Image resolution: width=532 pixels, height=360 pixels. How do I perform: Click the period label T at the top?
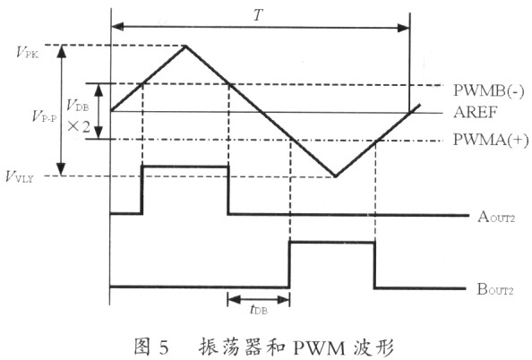[258, 14]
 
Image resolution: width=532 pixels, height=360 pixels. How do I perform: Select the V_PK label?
[28, 53]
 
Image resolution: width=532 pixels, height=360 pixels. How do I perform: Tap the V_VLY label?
[20, 176]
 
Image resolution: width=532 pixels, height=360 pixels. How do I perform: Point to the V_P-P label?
[44, 116]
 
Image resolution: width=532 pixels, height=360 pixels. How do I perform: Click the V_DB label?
[77, 105]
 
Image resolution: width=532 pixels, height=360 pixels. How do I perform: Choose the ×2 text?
[79, 127]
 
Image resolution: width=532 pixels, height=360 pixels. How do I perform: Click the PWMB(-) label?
[489, 91]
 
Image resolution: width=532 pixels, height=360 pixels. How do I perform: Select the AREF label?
[476, 112]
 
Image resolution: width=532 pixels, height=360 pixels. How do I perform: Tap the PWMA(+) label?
[491, 140]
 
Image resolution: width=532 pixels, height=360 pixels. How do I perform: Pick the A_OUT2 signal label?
[496, 217]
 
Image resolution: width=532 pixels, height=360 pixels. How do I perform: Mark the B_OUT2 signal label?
[495, 289]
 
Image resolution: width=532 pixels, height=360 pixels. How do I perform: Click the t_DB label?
[259, 309]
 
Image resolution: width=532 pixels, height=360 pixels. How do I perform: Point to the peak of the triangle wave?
[185, 46]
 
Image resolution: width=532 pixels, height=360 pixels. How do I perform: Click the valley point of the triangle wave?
[336, 176]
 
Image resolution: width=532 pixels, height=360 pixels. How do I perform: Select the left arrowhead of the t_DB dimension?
[234, 299]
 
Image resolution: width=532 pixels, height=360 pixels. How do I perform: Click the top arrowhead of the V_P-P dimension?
[62, 51]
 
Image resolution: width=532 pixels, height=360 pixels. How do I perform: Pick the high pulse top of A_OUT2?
[185, 167]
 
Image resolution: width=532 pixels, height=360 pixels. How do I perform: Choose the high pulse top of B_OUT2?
[331, 243]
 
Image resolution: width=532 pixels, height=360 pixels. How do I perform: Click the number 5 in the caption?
[163, 347]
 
